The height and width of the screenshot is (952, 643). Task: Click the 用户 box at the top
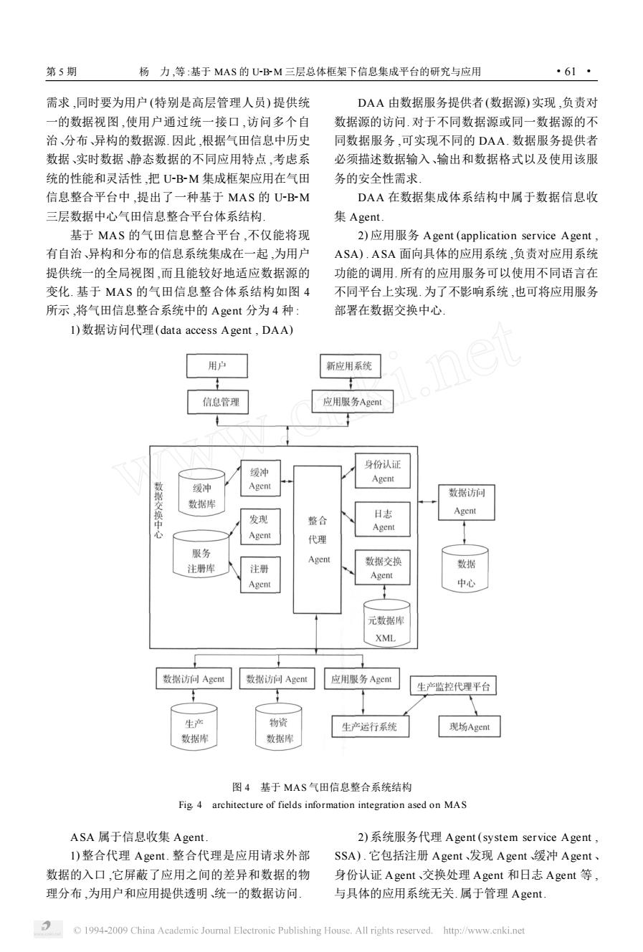(x=217, y=366)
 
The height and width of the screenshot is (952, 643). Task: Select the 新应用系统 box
(x=350, y=366)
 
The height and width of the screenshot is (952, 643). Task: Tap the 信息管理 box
(x=218, y=402)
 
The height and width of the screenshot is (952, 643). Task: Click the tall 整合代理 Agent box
(x=318, y=539)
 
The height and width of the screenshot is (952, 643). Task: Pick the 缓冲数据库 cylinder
(x=201, y=493)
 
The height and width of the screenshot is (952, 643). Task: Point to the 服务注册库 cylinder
(x=201, y=554)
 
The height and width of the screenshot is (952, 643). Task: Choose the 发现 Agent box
(x=260, y=527)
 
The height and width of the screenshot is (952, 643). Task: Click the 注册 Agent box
(x=260, y=574)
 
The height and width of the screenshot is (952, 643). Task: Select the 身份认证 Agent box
(x=383, y=471)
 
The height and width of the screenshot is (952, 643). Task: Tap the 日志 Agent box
(x=383, y=519)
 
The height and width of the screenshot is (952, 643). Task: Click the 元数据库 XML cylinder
(x=386, y=623)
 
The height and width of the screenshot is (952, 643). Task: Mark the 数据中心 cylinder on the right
(x=465, y=568)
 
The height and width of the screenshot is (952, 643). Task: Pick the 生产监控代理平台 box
(x=453, y=686)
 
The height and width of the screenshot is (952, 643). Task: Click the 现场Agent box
(x=470, y=726)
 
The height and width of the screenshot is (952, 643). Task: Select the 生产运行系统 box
(x=371, y=726)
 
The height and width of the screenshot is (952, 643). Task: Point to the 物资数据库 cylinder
(x=279, y=726)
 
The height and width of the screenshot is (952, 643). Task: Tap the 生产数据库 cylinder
(x=194, y=726)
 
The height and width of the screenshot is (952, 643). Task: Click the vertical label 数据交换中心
(x=158, y=510)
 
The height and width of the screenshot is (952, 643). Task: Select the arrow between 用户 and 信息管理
(x=217, y=384)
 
